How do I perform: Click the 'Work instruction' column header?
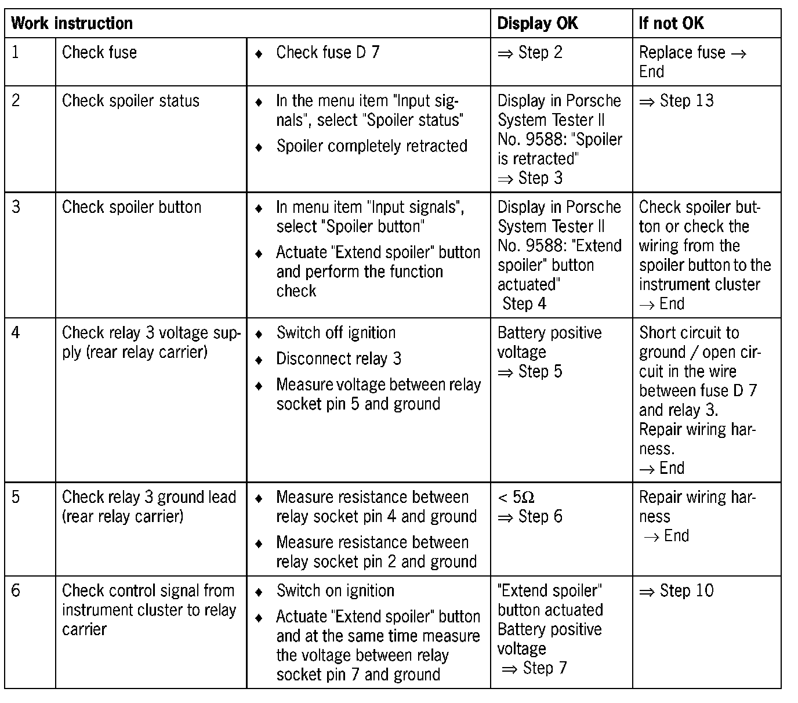click(72, 24)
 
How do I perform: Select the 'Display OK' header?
click(538, 24)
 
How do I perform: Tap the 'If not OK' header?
click(671, 24)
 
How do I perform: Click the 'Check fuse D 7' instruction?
click(328, 53)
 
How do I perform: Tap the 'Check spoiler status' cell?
click(130, 101)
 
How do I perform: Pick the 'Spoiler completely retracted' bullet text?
click(372, 146)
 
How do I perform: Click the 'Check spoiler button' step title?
click(132, 207)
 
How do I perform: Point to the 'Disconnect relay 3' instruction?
click(339, 358)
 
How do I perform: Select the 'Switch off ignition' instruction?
click(336, 333)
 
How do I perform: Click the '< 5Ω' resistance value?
click(516, 498)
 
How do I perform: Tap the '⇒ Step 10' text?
click(676, 591)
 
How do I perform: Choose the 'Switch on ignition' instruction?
click(335, 591)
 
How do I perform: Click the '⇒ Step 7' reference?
click(534, 668)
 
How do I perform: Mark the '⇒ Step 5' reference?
click(529, 372)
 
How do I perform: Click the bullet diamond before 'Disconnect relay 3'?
click(259, 360)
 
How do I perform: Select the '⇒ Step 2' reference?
click(529, 53)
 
